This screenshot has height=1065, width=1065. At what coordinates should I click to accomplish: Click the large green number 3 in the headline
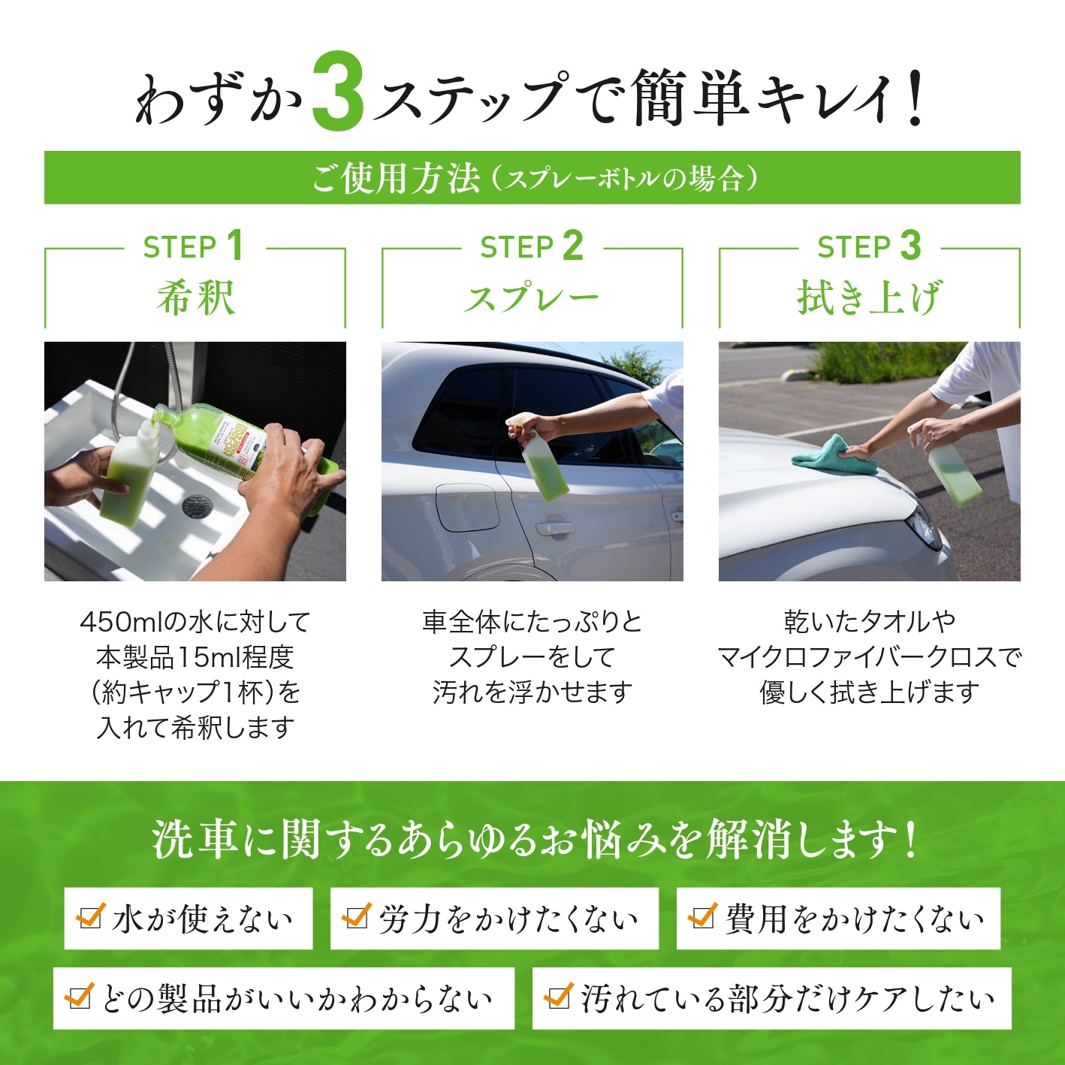(338, 91)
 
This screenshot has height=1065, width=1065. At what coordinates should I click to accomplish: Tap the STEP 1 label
(194, 246)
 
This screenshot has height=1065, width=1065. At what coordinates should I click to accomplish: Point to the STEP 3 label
(870, 246)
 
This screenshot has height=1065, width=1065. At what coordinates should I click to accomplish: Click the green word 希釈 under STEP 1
(196, 298)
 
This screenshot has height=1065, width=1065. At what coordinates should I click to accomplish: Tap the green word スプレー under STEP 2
(532, 298)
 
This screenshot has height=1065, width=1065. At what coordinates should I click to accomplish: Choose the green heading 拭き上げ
(868, 297)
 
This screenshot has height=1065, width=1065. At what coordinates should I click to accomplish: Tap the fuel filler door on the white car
(467, 508)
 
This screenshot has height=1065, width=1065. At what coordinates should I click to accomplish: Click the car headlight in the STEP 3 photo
(924, 522)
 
